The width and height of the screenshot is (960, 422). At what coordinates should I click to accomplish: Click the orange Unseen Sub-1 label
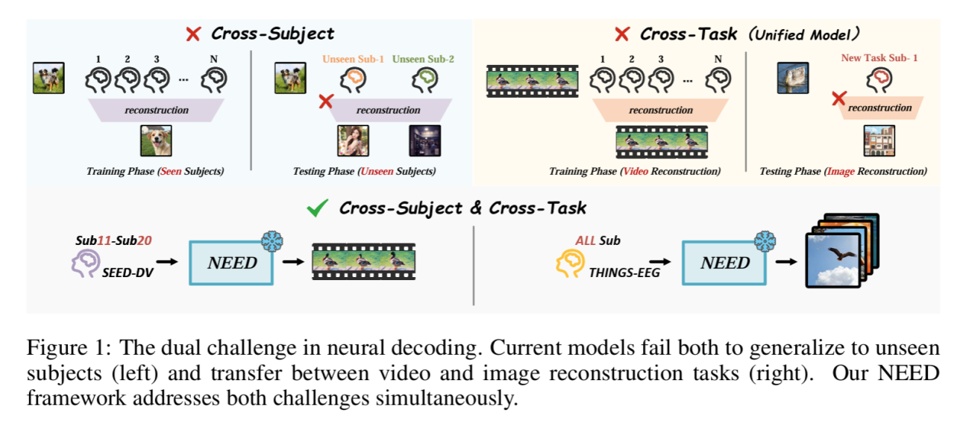354,59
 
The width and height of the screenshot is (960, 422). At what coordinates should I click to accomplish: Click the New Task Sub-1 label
879,58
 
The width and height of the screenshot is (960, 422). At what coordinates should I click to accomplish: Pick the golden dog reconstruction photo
156,140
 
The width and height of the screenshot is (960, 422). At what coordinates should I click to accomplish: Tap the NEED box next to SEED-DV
233,261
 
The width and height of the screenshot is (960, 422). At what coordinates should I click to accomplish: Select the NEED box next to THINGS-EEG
724,262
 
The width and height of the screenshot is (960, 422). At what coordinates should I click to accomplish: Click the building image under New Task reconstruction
879,141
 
